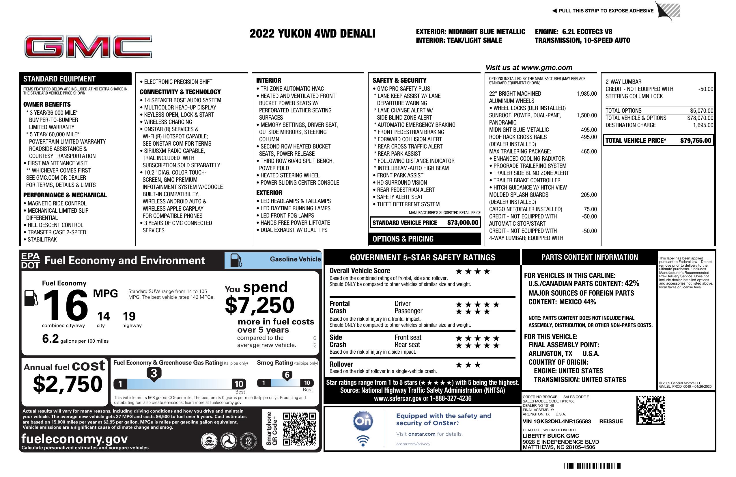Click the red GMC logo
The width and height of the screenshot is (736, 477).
[x=88, y=47]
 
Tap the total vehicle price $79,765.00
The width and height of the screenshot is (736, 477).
[x=696, y=140]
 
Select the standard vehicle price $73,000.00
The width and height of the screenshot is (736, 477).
[x=463, y=222]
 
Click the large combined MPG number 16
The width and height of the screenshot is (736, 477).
[x=66, y=305]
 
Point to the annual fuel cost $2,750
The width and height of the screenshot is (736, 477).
[x=68, y=384]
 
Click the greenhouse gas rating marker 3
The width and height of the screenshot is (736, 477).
[x=154, y=373]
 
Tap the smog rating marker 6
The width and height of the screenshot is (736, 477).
[x=287, y=375]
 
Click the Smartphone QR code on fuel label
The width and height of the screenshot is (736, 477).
[x=299, y=429]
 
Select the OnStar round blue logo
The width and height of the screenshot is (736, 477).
[x=363, y=421]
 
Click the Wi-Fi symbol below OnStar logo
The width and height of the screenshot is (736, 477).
[x=363, y=441]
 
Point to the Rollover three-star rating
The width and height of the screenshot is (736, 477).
[x=468, y=365]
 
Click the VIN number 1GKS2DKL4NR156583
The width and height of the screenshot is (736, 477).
[x=557, y=421]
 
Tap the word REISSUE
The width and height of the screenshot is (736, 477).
[x=611, y=421]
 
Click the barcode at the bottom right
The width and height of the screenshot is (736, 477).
[x=592, y=466]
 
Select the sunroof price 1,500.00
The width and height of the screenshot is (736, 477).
[x=586, y=116]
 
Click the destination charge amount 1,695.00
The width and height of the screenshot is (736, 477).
[x=703, y=125]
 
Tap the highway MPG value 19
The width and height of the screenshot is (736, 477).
[x=129, y=316]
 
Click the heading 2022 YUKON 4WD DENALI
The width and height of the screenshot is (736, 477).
[x=312, y=34]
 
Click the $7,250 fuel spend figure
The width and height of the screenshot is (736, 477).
[x=259, y=305]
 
